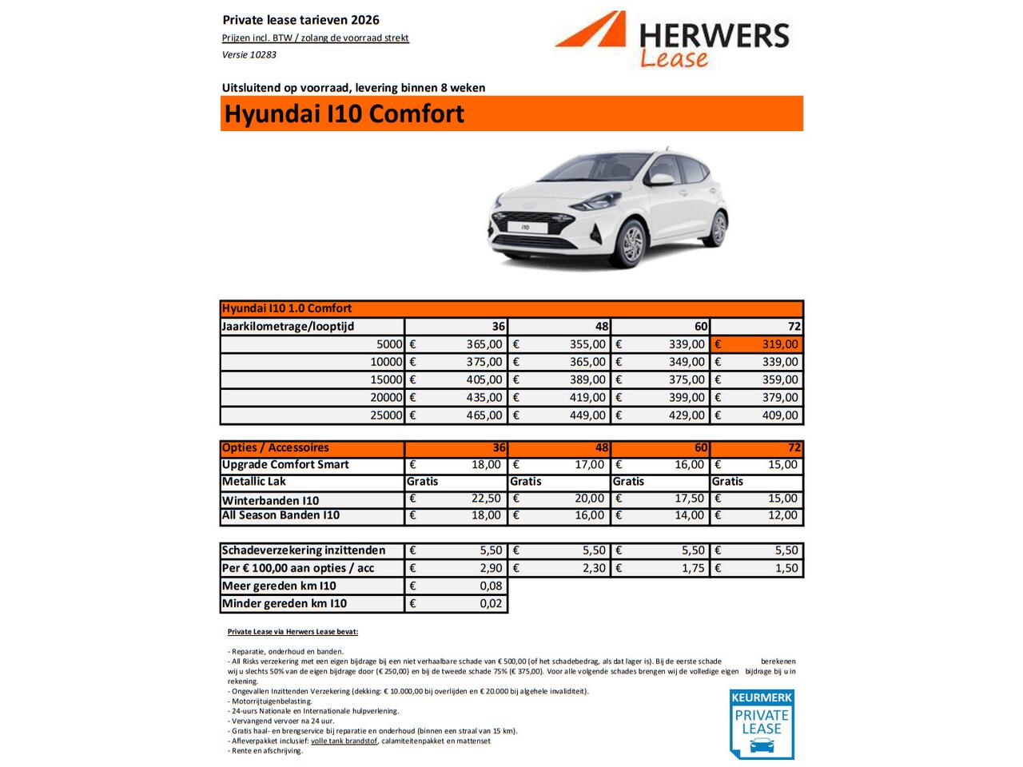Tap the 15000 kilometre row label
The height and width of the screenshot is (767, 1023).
[x=386, y=380]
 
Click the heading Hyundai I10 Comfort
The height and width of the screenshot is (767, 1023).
[x=344, y=114]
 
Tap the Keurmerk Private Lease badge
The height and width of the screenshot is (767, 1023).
[x=761, y=724]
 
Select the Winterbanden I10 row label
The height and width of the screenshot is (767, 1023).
[x=270, y=501]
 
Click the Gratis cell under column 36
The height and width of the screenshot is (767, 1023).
[x=423, y=482]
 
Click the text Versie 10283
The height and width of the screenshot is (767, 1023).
[x=249, y=55]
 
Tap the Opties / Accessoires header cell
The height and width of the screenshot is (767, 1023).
[x=276, y=448]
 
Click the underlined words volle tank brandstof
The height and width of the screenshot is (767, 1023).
[x=344, y=741]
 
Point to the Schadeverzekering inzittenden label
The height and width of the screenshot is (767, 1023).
[x=304, y=550]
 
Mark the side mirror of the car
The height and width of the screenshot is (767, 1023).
[x=662, y=180]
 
